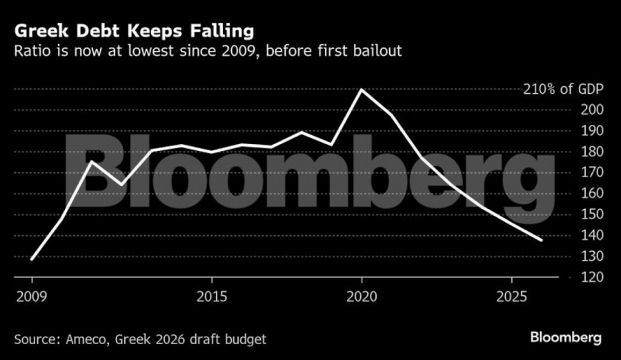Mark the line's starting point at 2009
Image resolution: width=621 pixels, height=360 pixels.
[32, 259]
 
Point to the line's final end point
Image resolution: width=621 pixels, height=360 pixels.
[542, 240]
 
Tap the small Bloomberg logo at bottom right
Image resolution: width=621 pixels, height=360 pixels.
[566, 338]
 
